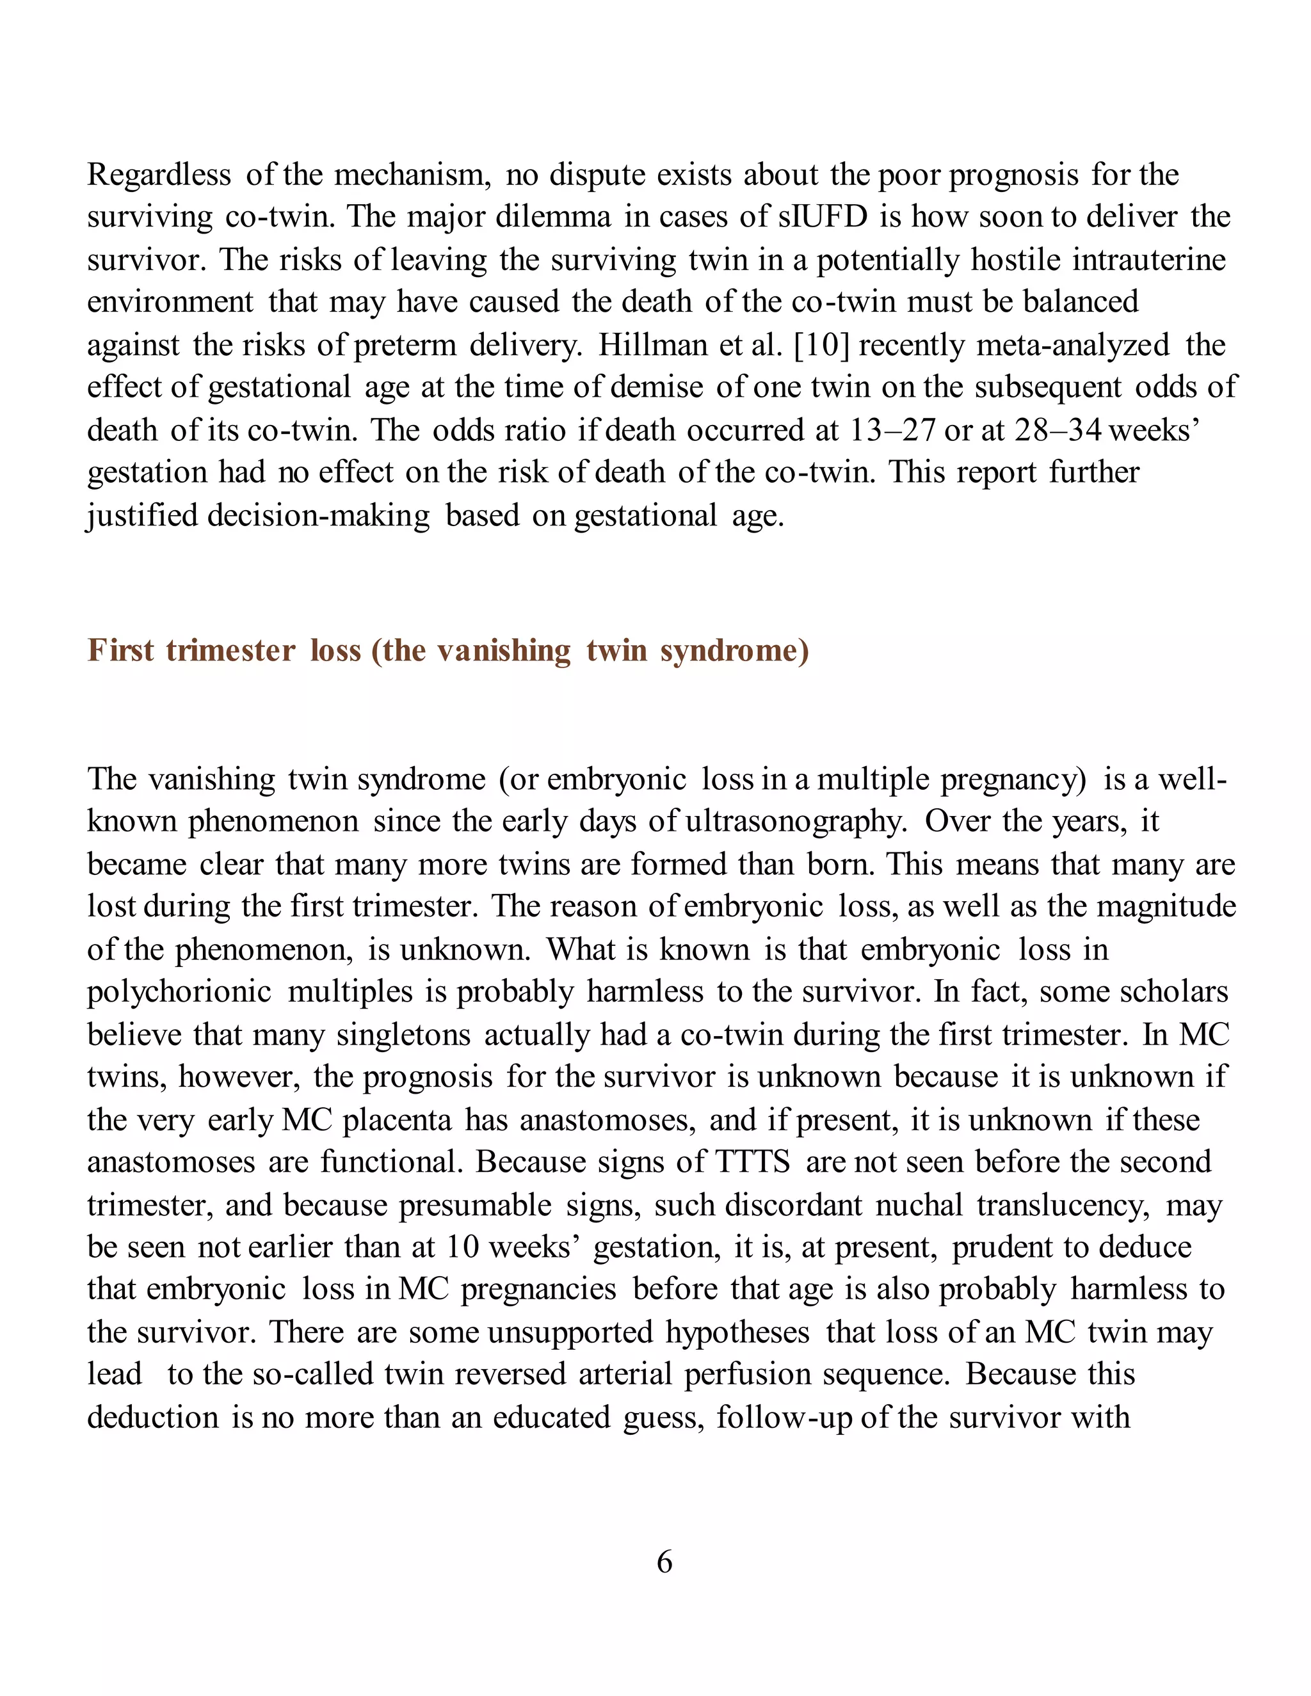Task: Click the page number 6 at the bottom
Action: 664,1561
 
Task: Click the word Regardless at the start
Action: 159,175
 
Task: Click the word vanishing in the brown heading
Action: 504,650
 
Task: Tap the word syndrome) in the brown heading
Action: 735,650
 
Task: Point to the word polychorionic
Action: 179,991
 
